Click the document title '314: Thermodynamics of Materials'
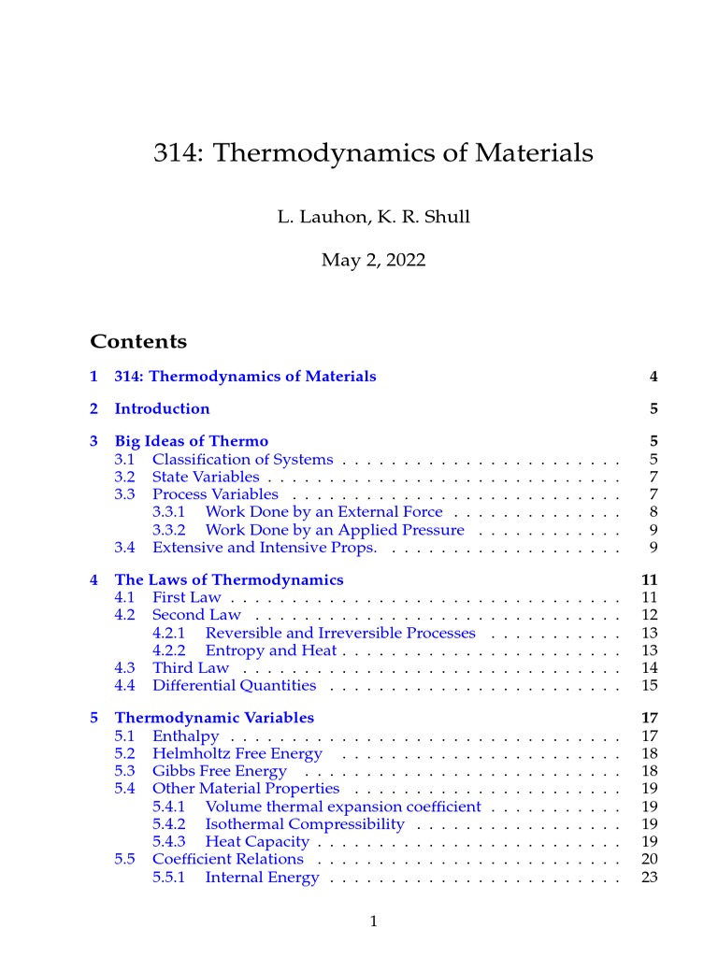point(373,152)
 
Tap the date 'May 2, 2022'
point(373,260)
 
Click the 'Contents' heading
point(138,341)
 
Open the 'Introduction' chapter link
point(162,408)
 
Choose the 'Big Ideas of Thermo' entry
point(191,441)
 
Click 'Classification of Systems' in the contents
point(242,459)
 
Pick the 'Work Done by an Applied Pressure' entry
point(334,530)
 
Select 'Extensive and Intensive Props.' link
point(265,547)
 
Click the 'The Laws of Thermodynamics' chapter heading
point(228,579)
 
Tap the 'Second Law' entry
point(196,615)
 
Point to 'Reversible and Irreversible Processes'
point(339,633)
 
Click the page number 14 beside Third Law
point(650,667)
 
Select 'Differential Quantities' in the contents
point(234,685)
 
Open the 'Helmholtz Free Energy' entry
point(237,753)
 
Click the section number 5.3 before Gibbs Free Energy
point(125,771)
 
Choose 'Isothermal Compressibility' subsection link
point(304,824)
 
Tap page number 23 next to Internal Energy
point(650,878)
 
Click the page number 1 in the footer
point(373,921)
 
